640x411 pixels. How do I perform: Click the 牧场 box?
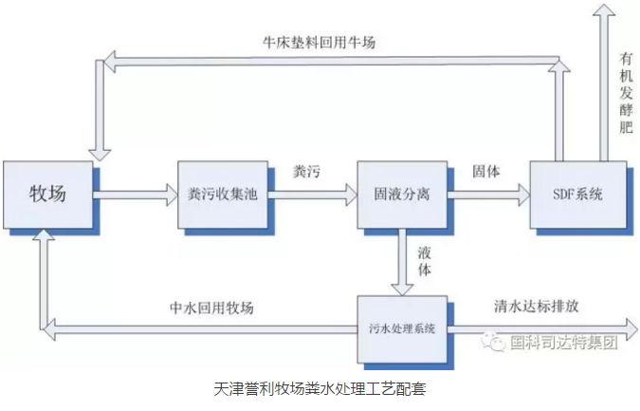[48, 195]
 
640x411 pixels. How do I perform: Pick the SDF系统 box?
[577, 195]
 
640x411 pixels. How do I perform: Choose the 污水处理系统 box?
[402, 329]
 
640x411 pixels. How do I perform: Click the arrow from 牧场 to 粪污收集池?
[137, 196]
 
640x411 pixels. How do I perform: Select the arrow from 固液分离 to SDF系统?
[488, 195]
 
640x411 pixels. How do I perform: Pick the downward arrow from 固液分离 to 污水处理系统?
[402, 262]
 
